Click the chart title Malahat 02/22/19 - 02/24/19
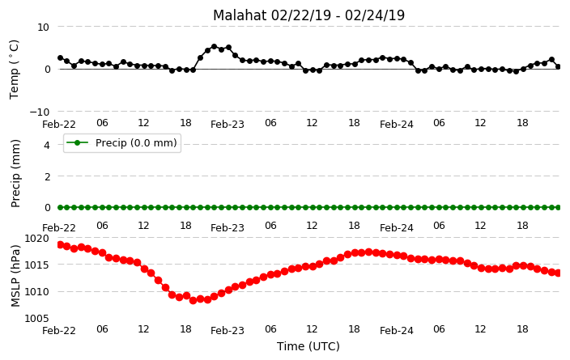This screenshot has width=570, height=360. pyautogui.click(x=308, y=15)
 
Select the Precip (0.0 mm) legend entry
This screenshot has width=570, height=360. pyautogui.click(x=122, y=143)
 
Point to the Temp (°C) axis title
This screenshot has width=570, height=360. pyautogui.click(x=14, y=70)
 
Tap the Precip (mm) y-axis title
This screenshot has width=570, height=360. pyautogui.click(x=15, y=174)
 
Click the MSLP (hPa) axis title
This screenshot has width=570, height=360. pyautogui.click(x=15, y=276)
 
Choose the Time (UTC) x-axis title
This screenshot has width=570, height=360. pyautogui.click(x=308, y=346)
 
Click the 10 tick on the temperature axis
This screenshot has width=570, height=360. pyautogui.click(x=43, y=28)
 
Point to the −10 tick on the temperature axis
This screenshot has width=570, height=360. pyautogui.click(x=40, y=112)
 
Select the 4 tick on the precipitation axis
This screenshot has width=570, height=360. pyautogui.click(x=46, y=146)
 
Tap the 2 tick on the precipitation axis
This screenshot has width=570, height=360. pyautogui.click(x=46, y=176)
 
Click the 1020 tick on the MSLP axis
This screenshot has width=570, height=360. pyautogui.click(x=36, y=239)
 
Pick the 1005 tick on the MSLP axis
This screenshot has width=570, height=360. pyautogui.click(x=36, y=319)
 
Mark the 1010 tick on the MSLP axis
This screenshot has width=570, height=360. pyautogui.click(x=36, y=292)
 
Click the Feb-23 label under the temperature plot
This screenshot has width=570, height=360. pyautogui.click(x=228, y=125)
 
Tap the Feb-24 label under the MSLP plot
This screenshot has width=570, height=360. pyautogui.click(x=397, y=331)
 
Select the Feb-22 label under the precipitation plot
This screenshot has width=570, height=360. pyautogui.click(x=59, y=228)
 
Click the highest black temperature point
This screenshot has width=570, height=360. pyautogui.click(x=214, y=47)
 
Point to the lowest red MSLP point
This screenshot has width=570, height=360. pyautogui.click(x=193, y=300)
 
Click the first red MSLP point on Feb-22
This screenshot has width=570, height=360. pyautogui.click(x=61, y=244)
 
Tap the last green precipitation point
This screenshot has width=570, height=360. pyautogui.click(x=559, y=207)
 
